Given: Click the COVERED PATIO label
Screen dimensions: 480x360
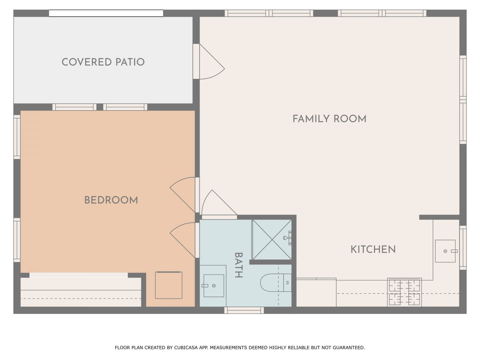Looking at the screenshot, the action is click(x=103, y=62).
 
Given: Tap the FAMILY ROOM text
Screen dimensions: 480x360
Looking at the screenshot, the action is click(x=329, y=119).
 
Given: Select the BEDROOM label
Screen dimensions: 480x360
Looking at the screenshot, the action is click(x=111, y=200).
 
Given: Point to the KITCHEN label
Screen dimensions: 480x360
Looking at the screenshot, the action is click(x=373, y=249).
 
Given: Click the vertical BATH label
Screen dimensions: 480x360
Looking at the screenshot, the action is click(x=239, y=265).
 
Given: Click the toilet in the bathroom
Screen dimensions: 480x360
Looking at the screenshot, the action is click(x=276, y=283).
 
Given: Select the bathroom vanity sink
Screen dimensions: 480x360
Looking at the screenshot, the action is click(x=214, y=286).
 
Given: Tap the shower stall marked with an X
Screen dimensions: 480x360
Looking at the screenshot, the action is click(x=272, y=240).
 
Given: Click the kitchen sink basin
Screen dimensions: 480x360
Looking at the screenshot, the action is click(x=445, y=251).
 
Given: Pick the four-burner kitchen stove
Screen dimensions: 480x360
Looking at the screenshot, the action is click(x=404, y=292).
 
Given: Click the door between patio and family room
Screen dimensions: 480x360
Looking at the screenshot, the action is click(x=209, y=61).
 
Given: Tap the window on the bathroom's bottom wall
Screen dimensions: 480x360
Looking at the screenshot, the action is click(x=244, y=310).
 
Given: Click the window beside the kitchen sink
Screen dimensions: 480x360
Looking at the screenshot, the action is click(x=463, y=248).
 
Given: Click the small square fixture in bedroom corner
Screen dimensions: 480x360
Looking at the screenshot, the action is click(x=169, y=285).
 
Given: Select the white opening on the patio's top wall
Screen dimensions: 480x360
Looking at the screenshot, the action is click(x=106, y=13).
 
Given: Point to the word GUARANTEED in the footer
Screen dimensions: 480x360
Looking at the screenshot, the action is click(x=349, y=348).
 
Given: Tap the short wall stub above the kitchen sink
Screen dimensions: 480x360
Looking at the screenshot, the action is click(x=439, y=217).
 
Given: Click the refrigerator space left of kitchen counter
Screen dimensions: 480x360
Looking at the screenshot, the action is click(x=316, y=292).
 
